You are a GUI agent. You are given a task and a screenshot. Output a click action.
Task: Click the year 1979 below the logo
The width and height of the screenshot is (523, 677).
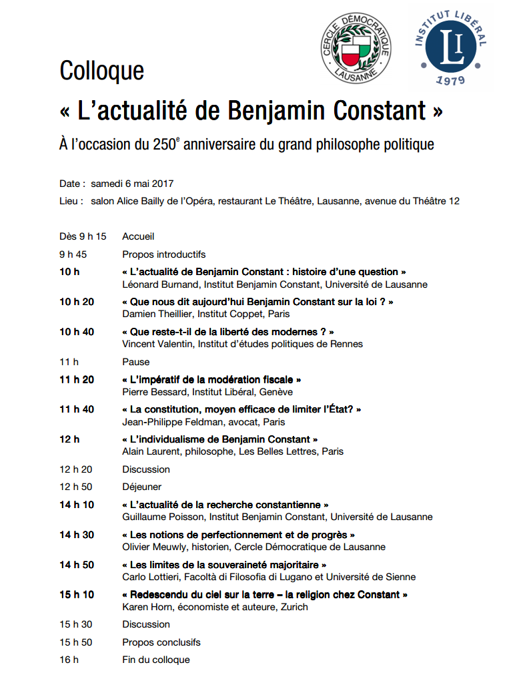(x=450, y=80)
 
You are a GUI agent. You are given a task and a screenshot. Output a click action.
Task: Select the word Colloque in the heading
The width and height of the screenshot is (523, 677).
(x=101, y=71)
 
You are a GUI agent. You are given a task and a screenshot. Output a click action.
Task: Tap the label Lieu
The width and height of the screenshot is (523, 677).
(x=71, y=201)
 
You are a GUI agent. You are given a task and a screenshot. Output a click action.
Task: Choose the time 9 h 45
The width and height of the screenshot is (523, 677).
(x=73, y=254)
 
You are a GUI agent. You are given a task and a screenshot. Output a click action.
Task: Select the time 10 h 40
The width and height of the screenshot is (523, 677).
(x=77, y=332)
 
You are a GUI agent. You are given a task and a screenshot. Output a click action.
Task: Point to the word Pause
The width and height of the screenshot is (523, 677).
(x=135, y=362)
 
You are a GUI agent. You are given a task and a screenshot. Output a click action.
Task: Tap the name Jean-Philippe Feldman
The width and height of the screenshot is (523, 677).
(x=170, y=422)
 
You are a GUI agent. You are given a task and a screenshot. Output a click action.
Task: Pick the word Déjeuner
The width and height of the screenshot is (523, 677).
(x=141, y=487)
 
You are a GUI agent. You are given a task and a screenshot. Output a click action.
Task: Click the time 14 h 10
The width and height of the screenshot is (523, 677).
(x=77, y=505)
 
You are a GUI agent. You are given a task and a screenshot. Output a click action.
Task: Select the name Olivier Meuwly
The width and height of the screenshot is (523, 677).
(x=153, y=547)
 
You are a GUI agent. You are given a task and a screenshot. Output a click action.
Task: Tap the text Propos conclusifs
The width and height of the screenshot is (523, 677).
(x=161, y=642)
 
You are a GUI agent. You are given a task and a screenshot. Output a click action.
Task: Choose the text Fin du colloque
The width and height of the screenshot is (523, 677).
(x=155, y=660)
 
